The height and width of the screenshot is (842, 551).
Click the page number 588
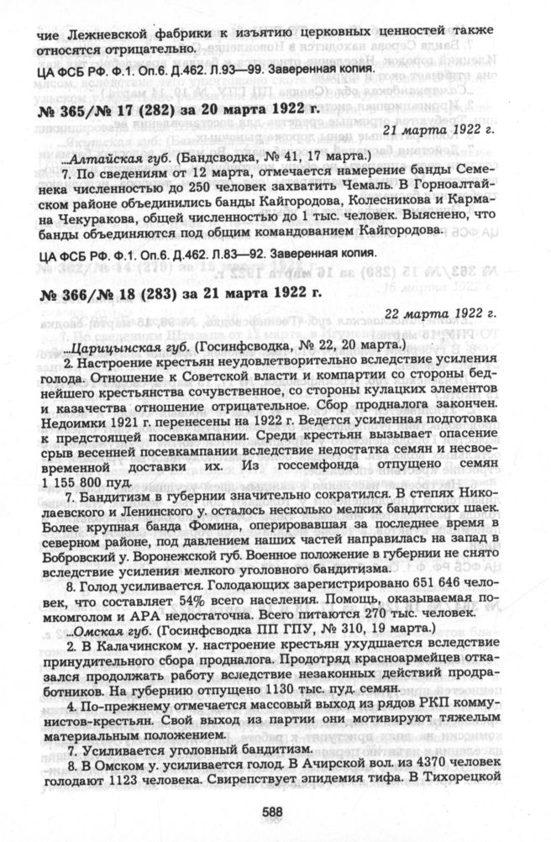270,813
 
